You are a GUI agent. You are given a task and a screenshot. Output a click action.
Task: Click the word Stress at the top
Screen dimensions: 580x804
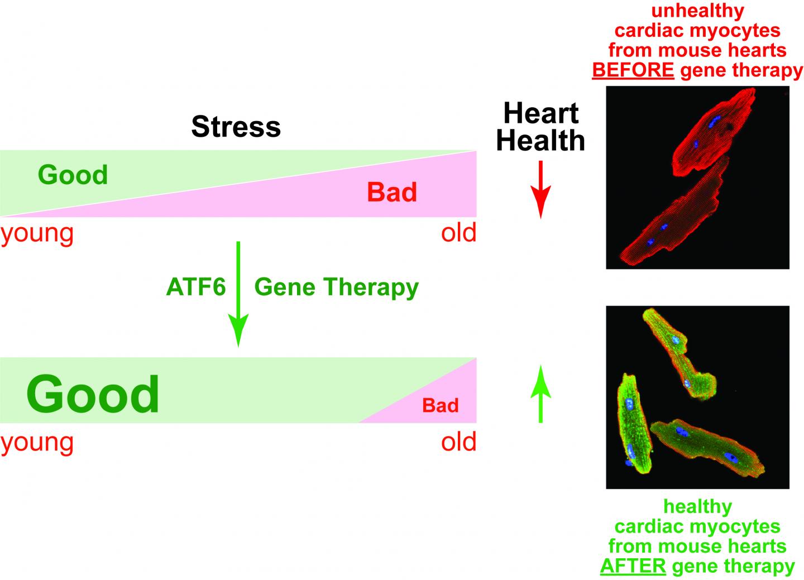point(236,127)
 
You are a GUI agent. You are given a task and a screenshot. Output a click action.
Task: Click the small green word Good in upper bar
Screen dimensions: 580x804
point(73,175)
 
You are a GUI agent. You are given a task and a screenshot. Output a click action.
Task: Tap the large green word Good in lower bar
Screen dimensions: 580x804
point(93,394)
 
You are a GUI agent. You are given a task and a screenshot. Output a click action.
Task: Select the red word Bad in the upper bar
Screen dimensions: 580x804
point(392,193)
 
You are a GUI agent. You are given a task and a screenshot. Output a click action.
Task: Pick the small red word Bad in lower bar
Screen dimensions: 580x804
point(440,405)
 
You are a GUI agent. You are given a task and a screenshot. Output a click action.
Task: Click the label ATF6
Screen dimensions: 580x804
point(196,287)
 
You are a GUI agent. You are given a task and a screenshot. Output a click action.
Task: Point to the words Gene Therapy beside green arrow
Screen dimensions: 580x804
point(336,287)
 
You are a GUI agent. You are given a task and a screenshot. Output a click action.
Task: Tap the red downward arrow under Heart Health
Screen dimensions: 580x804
point(540,190)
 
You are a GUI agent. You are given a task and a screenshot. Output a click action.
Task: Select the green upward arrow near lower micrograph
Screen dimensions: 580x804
point(540,394)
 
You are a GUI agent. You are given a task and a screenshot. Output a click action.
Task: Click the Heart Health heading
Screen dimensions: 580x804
point(540,127)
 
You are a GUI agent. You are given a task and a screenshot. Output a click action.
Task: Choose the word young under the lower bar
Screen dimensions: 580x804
point(37,442)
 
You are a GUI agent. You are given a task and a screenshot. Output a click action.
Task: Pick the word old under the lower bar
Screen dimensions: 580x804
point(458,442)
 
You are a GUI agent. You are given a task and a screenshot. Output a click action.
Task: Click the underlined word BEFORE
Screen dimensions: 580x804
point(633,70)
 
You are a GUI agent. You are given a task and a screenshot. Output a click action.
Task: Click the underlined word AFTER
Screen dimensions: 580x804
point(633,565)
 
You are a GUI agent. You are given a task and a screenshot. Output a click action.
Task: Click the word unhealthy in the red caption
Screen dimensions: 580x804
point(697,11)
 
